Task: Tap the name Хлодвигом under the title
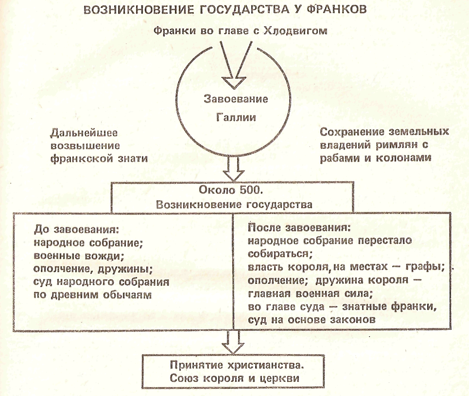295,31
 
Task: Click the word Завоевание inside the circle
236,99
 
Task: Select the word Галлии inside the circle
236,117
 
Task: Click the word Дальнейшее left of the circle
84,133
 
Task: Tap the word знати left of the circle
129,158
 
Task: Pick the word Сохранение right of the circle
352,132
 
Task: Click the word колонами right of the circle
403,157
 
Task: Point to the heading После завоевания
299,228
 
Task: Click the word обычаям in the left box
128,295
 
